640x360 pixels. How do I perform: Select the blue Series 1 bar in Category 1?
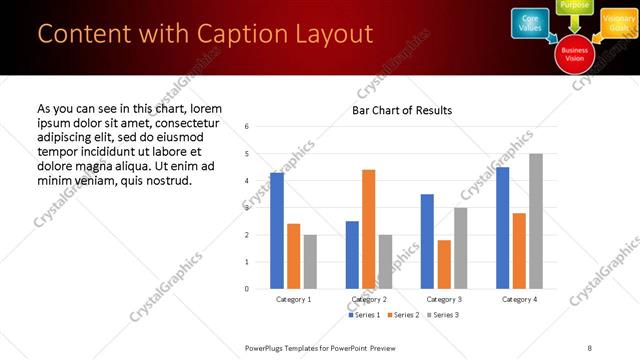point(277,231)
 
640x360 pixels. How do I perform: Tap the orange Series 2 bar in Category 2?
point(368,229)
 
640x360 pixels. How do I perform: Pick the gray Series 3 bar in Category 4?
point(536,221)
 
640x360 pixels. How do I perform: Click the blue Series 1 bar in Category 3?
point(427,241)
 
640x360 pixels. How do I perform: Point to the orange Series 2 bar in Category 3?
point(444,264)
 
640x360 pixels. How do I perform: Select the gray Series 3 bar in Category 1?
point(310,262)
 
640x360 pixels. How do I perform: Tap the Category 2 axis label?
point(369,299)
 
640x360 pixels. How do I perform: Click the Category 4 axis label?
point(519,299)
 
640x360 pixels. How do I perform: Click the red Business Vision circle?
point(575,54)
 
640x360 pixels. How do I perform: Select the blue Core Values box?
point(530,23)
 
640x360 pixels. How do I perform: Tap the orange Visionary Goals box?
point(619,23)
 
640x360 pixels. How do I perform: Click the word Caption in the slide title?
point(241,34)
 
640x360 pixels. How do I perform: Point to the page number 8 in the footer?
point(589,347)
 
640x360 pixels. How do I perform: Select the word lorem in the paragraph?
point(204,107)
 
